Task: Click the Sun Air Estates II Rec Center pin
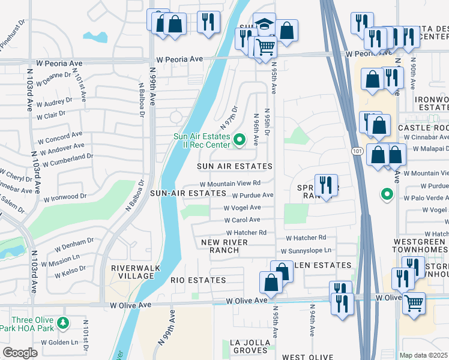240,140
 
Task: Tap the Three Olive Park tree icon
62,324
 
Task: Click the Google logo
20,352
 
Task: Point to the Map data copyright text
424,355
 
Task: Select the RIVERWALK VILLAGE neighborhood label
132,272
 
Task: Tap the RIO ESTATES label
198,280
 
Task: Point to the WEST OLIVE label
304,357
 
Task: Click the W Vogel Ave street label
242,208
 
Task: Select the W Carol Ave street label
242,220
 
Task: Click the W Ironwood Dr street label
62,197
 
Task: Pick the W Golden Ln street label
60,343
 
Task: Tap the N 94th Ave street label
312,321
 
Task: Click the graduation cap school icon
264,25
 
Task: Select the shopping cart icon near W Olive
414,304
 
